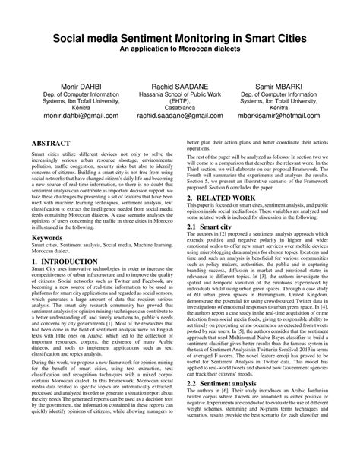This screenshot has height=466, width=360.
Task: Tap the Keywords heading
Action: tap(47, 239)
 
